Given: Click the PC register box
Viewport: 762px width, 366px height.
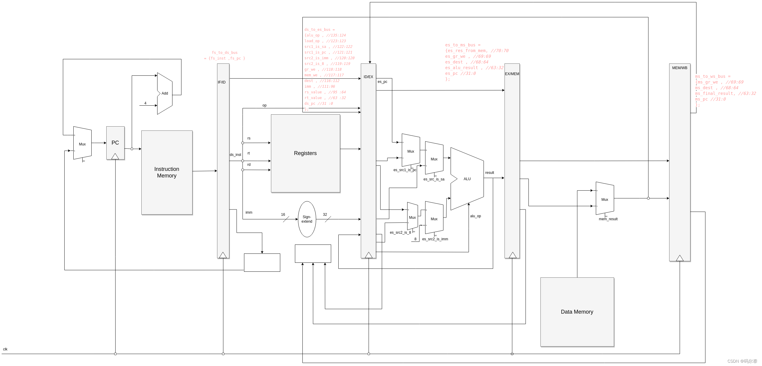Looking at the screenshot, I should coord(115,141).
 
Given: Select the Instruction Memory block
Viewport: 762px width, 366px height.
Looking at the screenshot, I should coord(167,172).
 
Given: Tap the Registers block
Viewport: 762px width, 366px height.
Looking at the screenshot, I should coord(305,153).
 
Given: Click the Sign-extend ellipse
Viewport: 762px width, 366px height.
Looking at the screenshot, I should coord(307,219).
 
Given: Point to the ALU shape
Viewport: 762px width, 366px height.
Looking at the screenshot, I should coord(467,179).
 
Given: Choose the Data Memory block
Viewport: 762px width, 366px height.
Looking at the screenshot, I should coord(577,312).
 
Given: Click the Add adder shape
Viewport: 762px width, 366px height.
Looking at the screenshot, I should coord(165,93).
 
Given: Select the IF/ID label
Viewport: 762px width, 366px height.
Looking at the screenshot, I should coord(222,82).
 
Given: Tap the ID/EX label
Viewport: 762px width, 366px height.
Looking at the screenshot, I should coord(368,77).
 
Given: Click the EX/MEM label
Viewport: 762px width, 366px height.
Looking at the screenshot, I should coord(512,74).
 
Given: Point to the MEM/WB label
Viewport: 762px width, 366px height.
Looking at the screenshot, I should coord(680,68).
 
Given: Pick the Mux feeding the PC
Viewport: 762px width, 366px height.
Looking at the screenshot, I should coord(82,144).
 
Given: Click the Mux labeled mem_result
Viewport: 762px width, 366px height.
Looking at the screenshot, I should coord(605,199).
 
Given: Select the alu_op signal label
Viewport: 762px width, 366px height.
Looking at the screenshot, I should coord(475,216).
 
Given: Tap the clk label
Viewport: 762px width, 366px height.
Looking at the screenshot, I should coord(5,349).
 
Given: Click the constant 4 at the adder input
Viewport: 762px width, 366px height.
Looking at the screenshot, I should coord(145,103).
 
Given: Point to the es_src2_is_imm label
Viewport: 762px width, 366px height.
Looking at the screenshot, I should coord(435,239).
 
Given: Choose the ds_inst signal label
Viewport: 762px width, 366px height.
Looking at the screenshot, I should coord(235,155).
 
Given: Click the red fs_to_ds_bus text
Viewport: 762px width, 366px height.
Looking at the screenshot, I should coord(225,55).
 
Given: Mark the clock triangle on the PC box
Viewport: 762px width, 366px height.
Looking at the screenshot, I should coord(115,156).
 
